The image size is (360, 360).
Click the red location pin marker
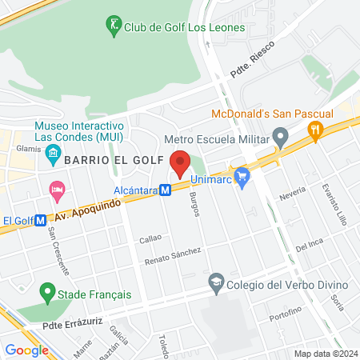pos(180,162)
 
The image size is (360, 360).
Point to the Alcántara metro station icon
pos(165,190)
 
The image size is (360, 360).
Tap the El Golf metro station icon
pos(41,221)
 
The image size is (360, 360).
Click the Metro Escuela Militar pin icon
pos(280,140)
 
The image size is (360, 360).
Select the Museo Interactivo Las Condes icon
pos(54,152)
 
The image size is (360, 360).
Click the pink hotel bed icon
pos(57,190)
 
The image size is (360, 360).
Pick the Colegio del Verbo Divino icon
pos(215,282)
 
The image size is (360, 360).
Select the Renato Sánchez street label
pos(172,257)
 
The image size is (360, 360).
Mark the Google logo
pos(26,350)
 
